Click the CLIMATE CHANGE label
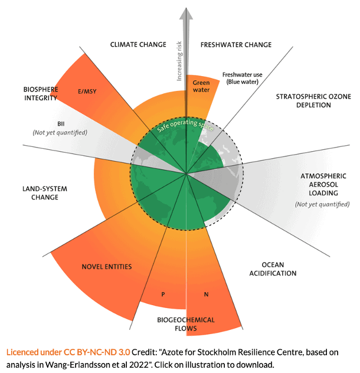137,44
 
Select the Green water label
201,86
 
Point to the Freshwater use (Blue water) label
242,78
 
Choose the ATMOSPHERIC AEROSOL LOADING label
322,184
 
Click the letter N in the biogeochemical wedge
207,293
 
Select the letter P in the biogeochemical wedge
162,293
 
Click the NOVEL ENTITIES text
106,267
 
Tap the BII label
61,123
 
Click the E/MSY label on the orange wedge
87,92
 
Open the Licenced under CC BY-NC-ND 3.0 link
68,352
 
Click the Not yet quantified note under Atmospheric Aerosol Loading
322,204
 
